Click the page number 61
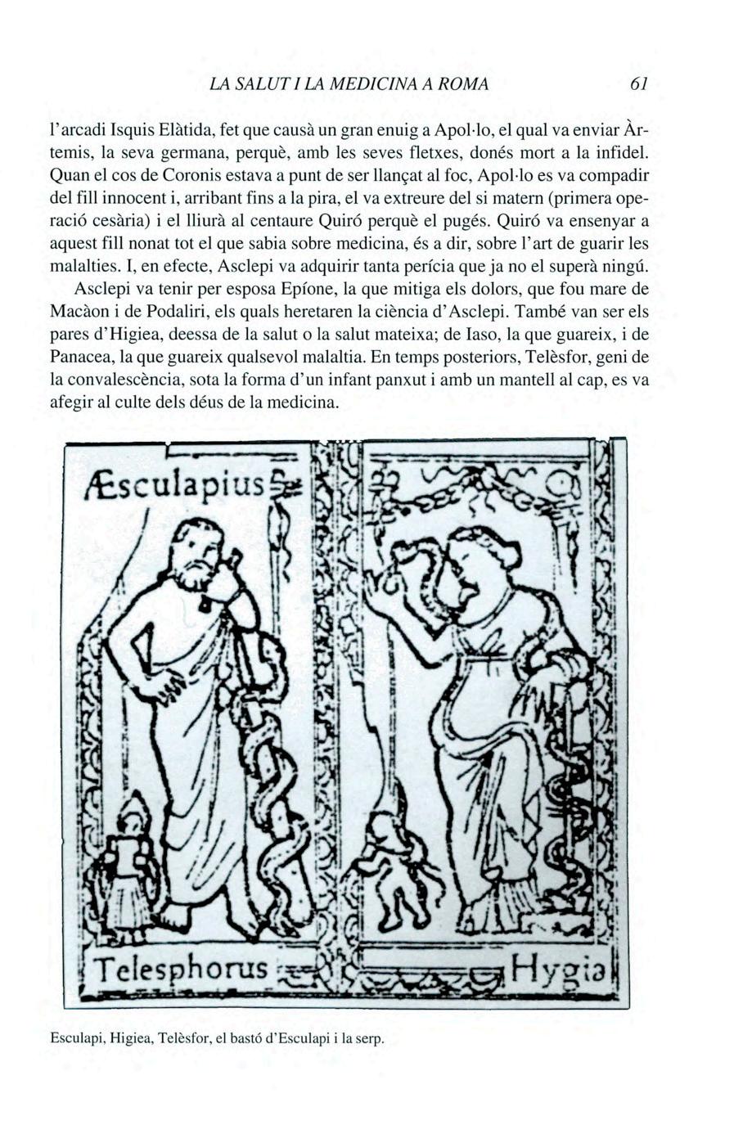[x=640, y=84]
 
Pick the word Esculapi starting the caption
[x=75, y=1040]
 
